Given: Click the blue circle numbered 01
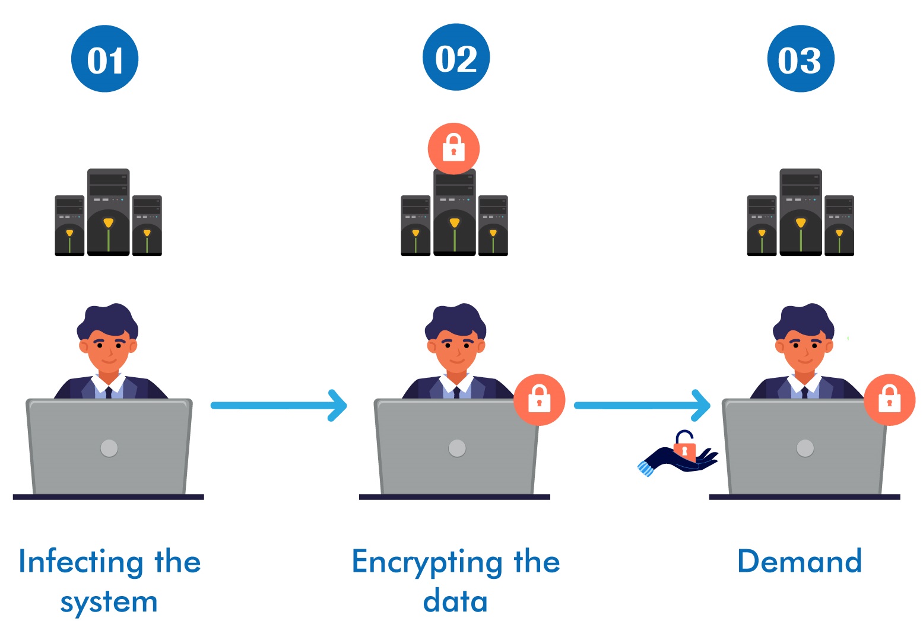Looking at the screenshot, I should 104,59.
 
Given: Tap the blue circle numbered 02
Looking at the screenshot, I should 456,58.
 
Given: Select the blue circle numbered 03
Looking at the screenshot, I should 801,59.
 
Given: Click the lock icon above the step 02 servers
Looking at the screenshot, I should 453,148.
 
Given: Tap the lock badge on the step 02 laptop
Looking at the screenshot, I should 539,399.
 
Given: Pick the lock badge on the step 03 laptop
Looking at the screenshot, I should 889,399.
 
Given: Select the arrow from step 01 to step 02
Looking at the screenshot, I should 278,406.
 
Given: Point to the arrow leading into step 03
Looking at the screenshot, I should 642,406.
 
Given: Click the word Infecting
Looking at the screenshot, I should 81,562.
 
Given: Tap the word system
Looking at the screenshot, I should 109,602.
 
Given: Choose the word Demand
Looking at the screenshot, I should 799,561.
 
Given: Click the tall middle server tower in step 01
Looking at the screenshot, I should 108,212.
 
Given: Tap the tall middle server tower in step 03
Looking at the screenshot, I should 801,212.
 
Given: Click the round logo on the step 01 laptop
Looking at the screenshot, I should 109,448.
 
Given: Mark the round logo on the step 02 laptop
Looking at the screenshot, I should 457,448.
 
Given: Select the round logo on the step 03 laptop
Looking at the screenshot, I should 805,448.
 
